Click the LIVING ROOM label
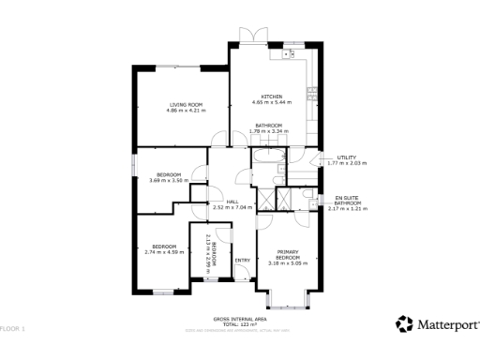185,104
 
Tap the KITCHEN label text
271,97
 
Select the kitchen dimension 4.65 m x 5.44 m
271,103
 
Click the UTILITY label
334,157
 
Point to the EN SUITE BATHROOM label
347,200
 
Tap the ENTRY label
242,260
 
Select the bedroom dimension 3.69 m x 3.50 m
169,181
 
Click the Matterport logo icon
404,323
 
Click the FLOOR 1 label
13,329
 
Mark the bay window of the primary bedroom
288,302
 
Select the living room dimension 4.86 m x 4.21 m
185,111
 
